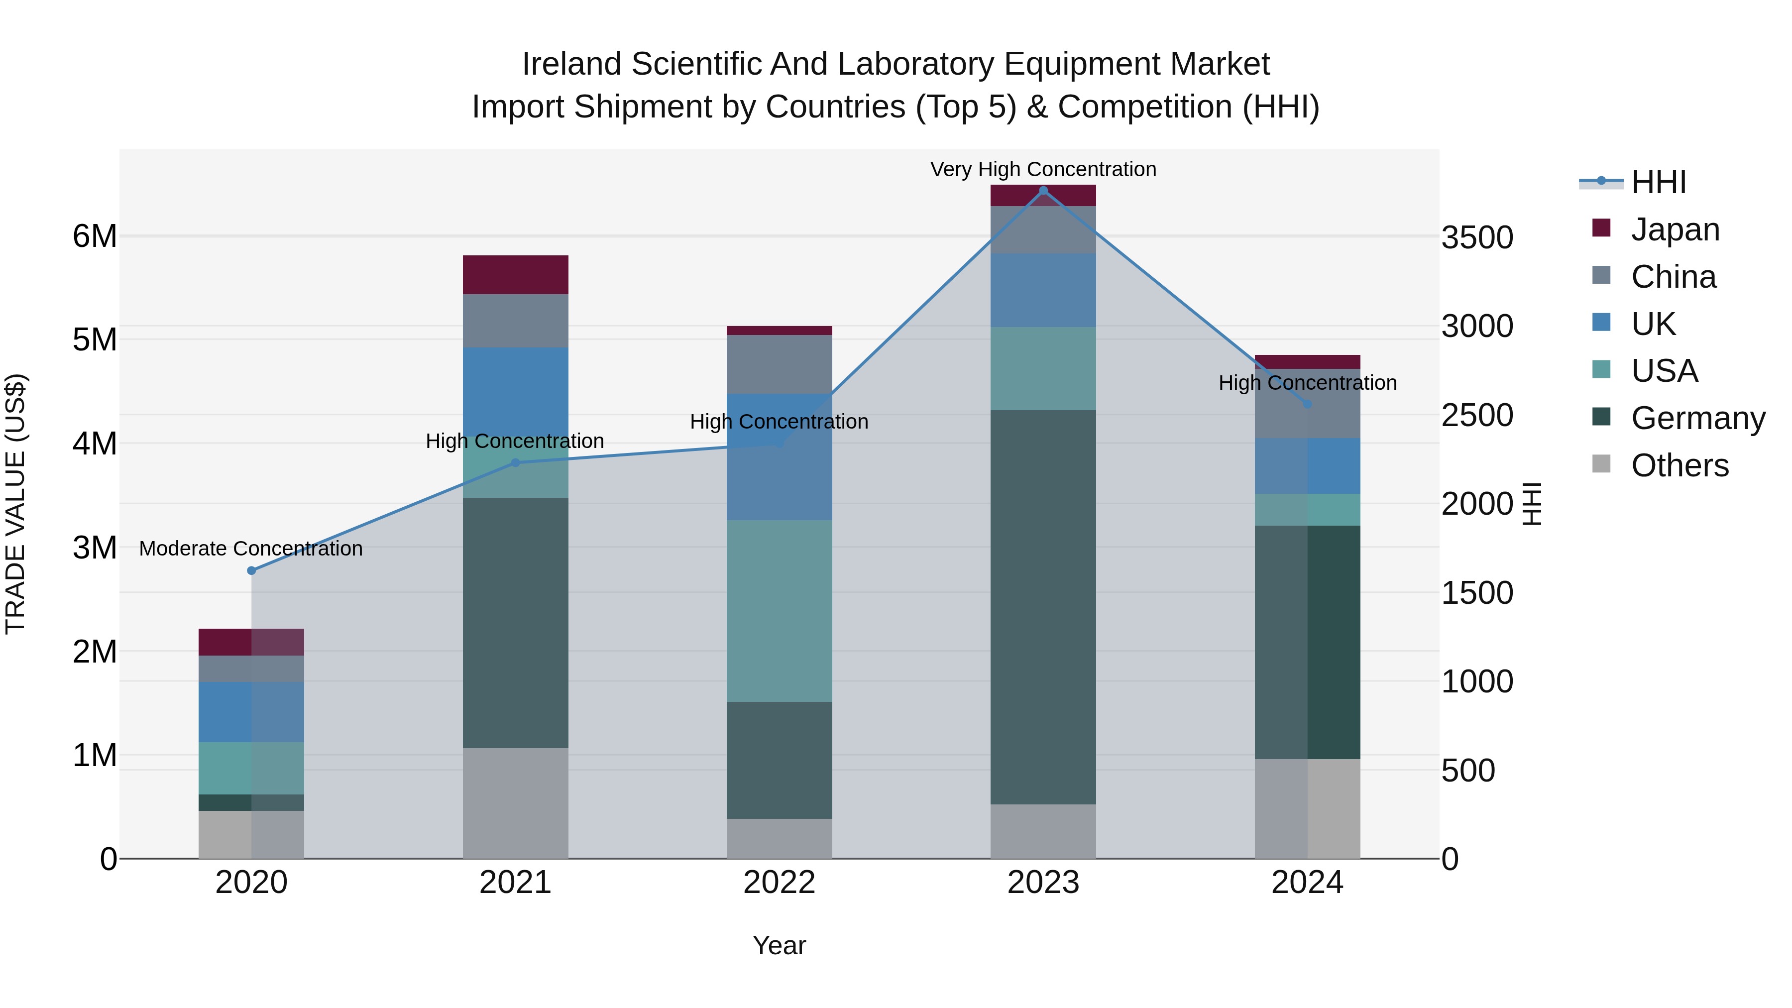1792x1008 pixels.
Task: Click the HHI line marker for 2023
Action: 1043,191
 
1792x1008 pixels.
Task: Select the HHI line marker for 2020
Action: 252,570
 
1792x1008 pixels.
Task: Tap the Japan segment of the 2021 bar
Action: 516,275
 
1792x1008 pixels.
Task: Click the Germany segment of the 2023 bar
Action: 1043,607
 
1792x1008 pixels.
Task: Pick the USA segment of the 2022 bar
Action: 779,611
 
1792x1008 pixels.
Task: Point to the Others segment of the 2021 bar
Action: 516,803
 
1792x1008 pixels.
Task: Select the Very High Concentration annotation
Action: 1043,169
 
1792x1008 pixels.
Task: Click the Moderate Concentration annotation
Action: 251,549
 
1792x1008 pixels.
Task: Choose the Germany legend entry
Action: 1697,418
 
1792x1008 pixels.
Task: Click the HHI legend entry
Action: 1659,182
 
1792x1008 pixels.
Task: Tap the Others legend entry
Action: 1680,465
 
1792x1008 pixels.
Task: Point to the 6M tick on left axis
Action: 95,236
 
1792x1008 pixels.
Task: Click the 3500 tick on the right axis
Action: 1477,237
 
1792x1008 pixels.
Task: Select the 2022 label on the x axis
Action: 779,883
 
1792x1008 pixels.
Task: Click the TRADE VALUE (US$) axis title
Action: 15,504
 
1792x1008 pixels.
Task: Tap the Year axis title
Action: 779,945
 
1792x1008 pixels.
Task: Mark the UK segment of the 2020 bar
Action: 251,712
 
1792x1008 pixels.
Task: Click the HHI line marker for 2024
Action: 1307,404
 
